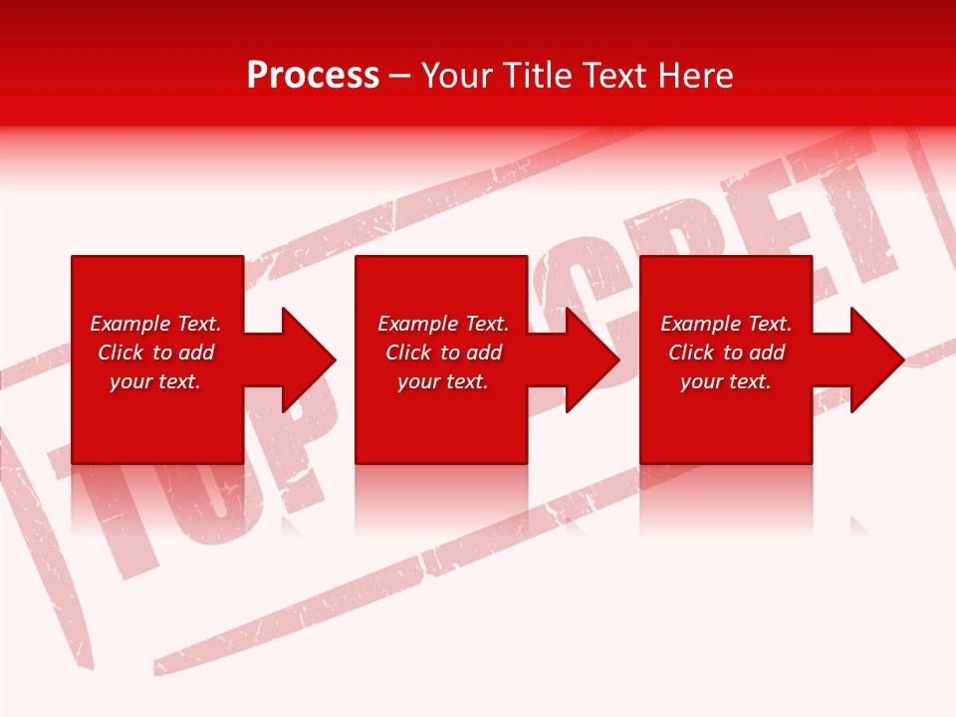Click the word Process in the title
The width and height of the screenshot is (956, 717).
[x=313, y=76]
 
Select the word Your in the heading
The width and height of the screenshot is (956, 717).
[x=459, y=76]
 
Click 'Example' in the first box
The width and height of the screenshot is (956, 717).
[x=130, y=324]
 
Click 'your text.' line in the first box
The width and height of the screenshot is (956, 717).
[x=155, y=381]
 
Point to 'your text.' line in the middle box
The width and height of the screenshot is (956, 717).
[x=443, y=381]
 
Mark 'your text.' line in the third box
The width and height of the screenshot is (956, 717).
[x=726, y=381]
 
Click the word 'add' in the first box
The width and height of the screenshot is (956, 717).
[x=196, y=353]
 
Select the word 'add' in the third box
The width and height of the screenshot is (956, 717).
[x=767, y=353]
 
